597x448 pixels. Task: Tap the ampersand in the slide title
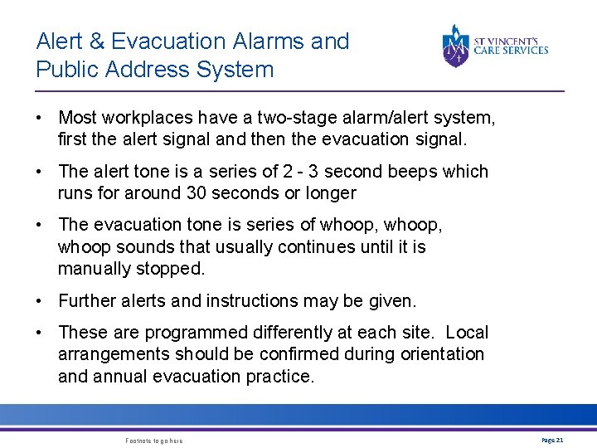tap(98, 41)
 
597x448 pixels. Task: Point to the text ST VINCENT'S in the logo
tap(511, 40)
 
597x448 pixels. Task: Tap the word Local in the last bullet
tap(467, 333)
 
